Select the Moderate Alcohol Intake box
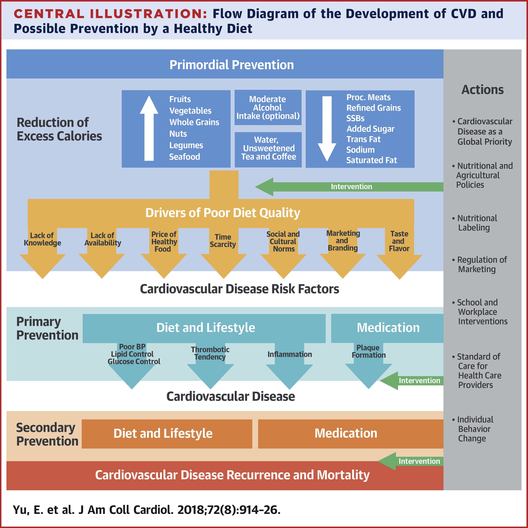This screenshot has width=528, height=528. [268, 108]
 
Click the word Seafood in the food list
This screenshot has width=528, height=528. [184, 157]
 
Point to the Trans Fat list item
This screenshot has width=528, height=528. [363, 139]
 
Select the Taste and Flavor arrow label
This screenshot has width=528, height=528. [399, 241]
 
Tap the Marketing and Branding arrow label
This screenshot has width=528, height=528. [343, 240]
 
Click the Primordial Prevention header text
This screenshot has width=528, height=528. [232, 65]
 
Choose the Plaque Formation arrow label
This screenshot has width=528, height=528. [368, 351]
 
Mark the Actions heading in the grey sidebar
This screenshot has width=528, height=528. [482, 90]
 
